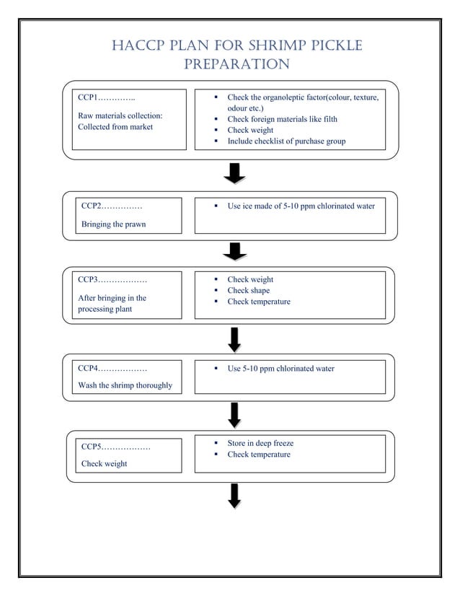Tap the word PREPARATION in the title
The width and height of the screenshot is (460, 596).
point(236,65)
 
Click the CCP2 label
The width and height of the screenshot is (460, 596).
point(92,206)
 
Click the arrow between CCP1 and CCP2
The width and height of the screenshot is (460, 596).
point(234,174)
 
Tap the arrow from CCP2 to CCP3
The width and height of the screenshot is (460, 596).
point(234,252)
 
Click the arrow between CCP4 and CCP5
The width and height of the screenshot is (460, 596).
point(234,414)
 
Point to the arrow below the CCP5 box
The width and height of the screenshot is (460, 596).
point(234,496)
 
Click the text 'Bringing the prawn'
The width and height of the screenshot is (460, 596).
point(113,224)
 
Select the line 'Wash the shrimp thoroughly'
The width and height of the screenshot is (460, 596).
point(125,385)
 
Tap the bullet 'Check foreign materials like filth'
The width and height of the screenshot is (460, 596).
point(282,119)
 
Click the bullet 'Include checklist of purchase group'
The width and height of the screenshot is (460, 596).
point(286,141)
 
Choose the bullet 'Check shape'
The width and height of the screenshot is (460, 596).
point(249,290)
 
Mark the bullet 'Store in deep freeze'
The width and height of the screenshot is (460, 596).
point(260,443)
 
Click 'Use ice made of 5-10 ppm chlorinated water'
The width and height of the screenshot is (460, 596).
point(301,206)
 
